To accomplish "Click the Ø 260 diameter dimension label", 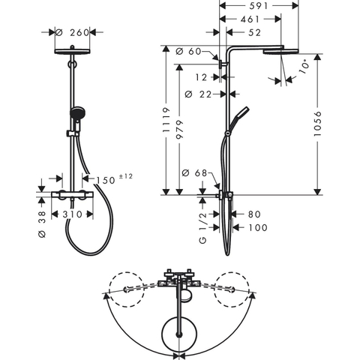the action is (x=72, y=32).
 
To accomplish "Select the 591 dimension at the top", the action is (x=259, y=6).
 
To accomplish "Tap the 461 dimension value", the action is (x=250, y=19).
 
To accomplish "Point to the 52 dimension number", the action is (x=254, y=32).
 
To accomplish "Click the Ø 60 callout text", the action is (x=188, y=52).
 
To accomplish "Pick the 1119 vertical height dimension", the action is (x=166, y=120).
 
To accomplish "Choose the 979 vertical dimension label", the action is (x=179, y=130).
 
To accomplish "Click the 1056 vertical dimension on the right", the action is (x=317, y=124).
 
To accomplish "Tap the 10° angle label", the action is (x=304, y=67).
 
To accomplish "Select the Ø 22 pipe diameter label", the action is (x=198, y=94).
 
